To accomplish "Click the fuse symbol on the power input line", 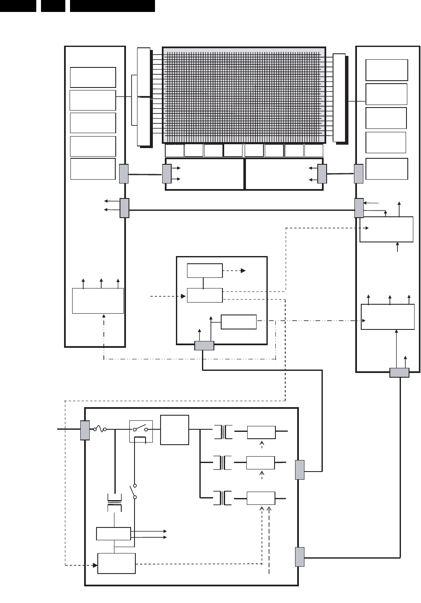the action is tap(100, 429).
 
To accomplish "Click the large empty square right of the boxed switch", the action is tap(175, 430).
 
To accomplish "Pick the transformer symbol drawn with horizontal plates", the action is tap(114, 502).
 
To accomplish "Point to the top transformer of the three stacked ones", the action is tap(223, 431).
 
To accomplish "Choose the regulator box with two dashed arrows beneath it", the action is tap(261, 498).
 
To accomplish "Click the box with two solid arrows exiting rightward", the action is tap(114, 533).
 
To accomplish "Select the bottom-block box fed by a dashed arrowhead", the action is tap(117, 563).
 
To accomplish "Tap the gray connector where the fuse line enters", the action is tap(85, 430).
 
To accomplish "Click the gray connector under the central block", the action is tap(204, 346).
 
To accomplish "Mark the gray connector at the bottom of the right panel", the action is tap(399, 373).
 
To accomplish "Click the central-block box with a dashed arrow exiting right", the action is tap(205, 271).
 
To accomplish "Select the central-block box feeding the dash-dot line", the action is tap(239, 322).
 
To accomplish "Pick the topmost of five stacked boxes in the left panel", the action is tap(93, 77).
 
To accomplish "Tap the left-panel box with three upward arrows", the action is tap(98, 301).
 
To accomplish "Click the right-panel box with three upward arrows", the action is tap(388, 317).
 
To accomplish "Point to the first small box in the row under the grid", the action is tap(174, 151).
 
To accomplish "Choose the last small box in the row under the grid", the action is tap(314, 151).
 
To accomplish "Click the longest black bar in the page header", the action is tap(112, 6).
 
